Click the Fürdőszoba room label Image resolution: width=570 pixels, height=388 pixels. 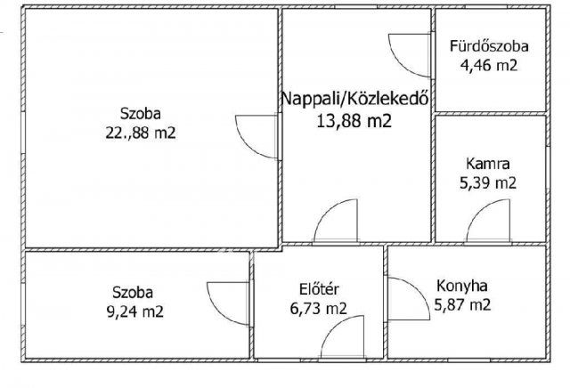(x=490, y=46)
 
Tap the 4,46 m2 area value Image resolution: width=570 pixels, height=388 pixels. (x=490, y=64)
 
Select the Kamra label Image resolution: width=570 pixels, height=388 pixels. (x=489, y=164)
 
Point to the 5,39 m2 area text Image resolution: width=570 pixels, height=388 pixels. (x=489, y=182)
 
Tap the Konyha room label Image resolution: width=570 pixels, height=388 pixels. (x=460, y=286)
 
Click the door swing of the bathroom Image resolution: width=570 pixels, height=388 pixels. (x=405, y=53)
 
